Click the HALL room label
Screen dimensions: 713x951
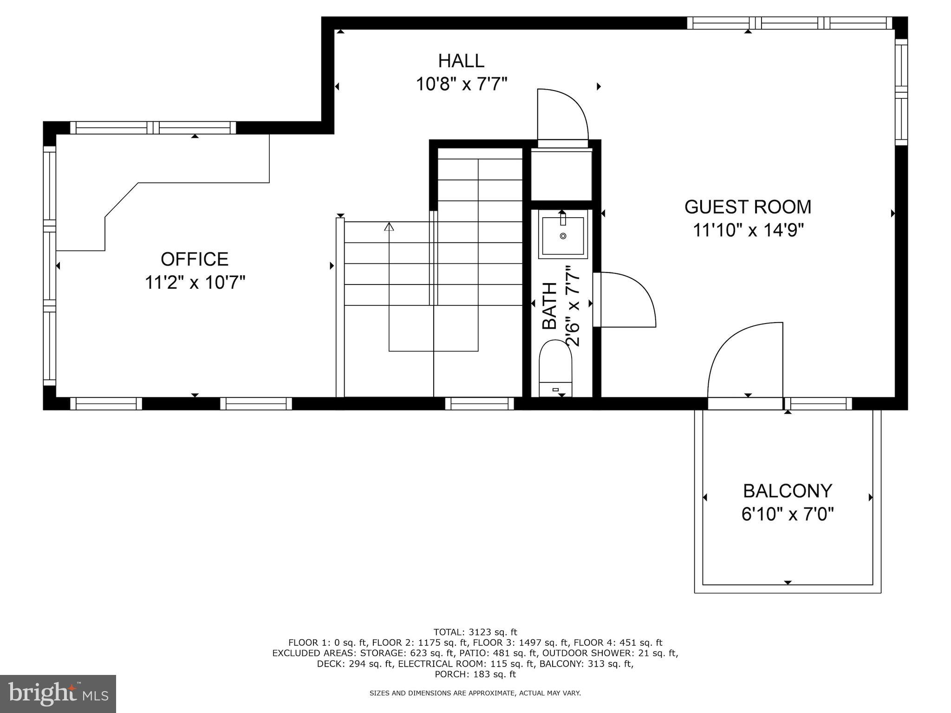[x=461, y=61]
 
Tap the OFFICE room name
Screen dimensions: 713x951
[x=195, y=259]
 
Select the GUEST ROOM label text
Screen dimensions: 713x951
[x=748, y=207]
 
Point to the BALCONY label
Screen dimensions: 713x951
[x=788, y=491]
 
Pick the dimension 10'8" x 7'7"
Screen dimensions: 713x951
[x=461, y=84]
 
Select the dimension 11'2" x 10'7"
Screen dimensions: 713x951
[x=195, y=282]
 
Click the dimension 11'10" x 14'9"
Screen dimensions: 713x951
[x=748, y=230]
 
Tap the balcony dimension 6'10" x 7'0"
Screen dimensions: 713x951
[x=788, y=514]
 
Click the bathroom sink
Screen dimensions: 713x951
[x=563, y=235]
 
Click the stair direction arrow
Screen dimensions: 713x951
[x=389, y=227]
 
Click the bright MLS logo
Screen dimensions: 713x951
[x=58, y=694]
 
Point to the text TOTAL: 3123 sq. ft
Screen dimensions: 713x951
[x=475, y=632]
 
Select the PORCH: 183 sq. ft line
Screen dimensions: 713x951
[x=475, y=674]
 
